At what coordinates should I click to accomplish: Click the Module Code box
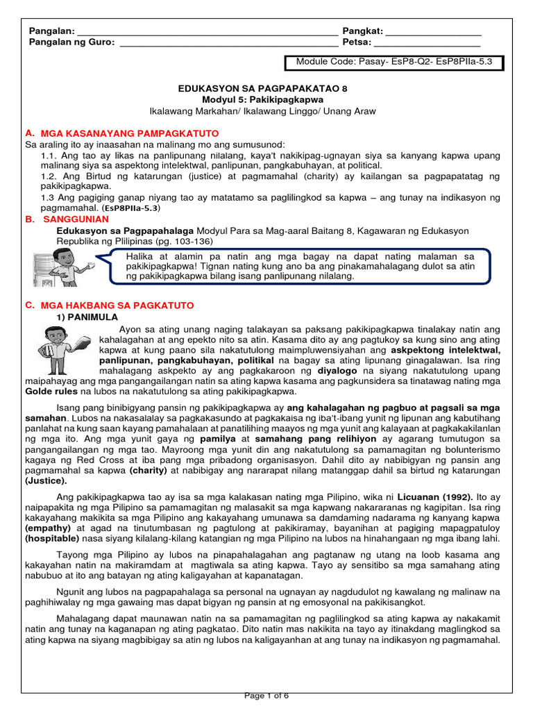point(394,62)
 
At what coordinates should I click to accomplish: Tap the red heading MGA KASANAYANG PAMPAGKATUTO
point(130,133)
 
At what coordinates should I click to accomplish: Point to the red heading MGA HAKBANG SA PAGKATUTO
point(117,305)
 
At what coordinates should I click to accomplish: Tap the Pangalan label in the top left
point(51,32)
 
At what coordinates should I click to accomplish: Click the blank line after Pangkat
point(432,33)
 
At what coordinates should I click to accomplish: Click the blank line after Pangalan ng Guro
point(229,43)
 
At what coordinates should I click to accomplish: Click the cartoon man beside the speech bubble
point(57,267)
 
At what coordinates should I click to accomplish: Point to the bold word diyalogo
point(337,371)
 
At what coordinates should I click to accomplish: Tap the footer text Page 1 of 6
point(266,696)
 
